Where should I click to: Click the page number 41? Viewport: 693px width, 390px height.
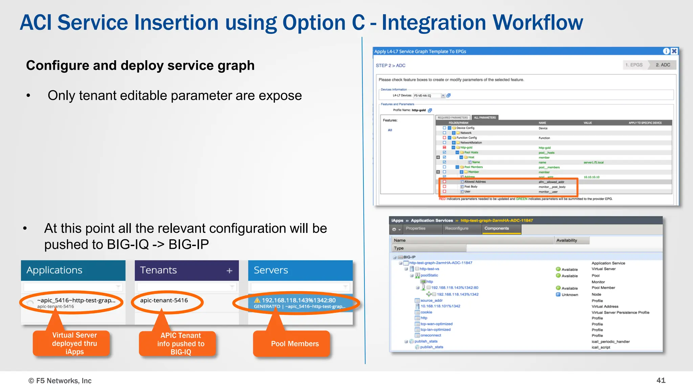[661, 380]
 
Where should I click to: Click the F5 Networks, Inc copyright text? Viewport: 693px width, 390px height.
[60, 381]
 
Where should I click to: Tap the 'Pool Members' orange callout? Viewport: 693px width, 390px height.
[295, 344]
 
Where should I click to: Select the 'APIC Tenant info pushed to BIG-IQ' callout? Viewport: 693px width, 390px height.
[181, 344]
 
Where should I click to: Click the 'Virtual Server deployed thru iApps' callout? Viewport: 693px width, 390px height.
[74, 343]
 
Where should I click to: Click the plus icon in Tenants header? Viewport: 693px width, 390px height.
[229, 271]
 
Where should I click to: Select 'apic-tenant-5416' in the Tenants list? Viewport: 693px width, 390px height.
[164, 300]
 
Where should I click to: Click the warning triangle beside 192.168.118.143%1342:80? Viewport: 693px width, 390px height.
[257, 300]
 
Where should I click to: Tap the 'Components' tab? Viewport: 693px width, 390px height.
[496, 229]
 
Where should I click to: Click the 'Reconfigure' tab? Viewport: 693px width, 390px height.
[456, 229]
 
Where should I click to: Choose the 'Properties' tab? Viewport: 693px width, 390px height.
[416, 229]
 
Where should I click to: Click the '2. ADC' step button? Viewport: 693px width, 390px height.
[663, 65]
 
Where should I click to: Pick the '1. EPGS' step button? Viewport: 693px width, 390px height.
[634, 65]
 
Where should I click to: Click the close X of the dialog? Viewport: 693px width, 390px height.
[674, 51]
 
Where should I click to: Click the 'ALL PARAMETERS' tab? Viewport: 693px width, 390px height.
[485, 117]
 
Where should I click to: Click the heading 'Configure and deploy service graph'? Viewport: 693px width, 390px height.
[140, 65]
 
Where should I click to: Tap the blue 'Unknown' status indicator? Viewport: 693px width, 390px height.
[558, 295]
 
